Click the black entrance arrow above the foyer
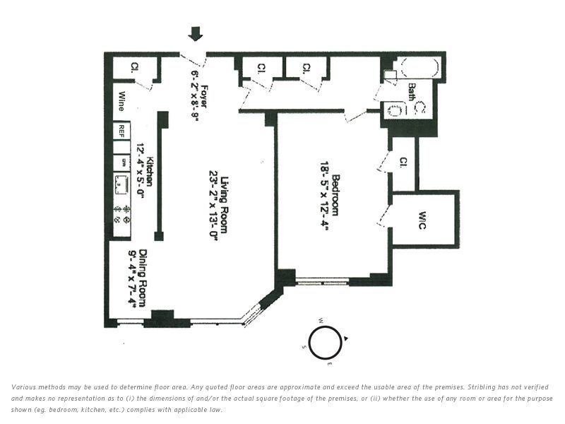pos(196,34)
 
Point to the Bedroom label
pos(335,194)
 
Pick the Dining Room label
pos(143,278)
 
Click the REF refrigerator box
pos(121,131)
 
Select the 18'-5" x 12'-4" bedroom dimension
pos(323,194)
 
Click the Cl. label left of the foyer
pos(133,68)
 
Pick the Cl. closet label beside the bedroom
pos(403,162)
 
